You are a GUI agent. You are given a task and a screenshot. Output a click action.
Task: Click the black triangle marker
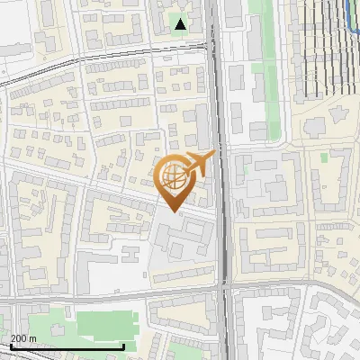pyautogui.click(x=182, y=24)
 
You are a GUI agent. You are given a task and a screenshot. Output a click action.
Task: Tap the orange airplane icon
pyautogui.click(x=199, y=165)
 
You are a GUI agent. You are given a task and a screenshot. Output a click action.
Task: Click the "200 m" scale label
pyautogui.click(x=23, y=337)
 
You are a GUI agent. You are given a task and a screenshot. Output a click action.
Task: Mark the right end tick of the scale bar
pyautogui.click(x=123, y=346)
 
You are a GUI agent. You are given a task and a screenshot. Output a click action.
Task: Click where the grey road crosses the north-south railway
pyautogui.click(x=224, y=285)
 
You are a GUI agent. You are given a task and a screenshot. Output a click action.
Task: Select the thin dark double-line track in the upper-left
pyautogui.click(x=54, y=74)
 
